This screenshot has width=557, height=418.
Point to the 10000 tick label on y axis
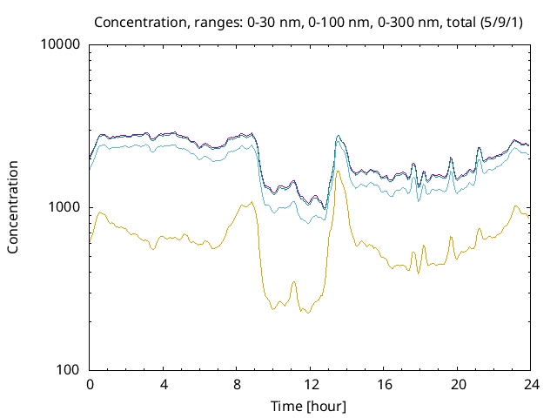pyautogui.click(x=62, y=44)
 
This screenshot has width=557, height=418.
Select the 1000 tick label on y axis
pyautogui.click(x=65, y=207)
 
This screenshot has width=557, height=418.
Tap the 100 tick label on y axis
pyautogui.click(x=69, y=370)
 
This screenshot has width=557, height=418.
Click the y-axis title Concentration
pyautogui.click(x=13, y=207)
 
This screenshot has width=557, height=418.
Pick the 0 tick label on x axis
pyautogui.click(x=90, y=384)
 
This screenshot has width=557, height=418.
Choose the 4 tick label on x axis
pyautogui.click(x=164, y=384)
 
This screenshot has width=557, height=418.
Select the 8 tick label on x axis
pyautogui.click(x=237, y=384)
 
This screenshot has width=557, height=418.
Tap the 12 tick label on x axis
pyautogui.click(x=311, y=384)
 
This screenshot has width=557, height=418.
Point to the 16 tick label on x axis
pyautogui.click(x=384, y=384)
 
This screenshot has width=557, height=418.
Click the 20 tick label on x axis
pyautogui.click(x=458, y=384)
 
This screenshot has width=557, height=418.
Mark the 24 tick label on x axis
pyautogui.click(x=531, y=384)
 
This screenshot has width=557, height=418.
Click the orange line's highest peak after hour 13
pyautogui.click(x=338, y=171)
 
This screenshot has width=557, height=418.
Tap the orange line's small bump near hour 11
pyautogui.click(x=293, y=282)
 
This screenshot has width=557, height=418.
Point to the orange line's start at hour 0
pyautogui.click(x=91, y=240)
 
